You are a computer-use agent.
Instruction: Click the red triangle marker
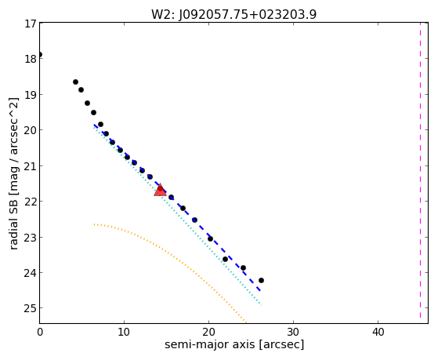(x=160, y=190)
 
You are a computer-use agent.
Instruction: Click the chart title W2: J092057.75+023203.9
(x=233, y=15)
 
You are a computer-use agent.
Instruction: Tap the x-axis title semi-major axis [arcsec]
(x=234, y=344)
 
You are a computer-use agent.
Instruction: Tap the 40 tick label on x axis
(x=378, y=332)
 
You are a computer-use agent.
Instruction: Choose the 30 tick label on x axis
(x=293, y=332)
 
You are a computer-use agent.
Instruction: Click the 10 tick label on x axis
(x=124, y=332)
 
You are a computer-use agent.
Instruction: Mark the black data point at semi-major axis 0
(x=40, y=55)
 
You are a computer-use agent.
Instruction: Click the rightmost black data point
(x=261, y=280)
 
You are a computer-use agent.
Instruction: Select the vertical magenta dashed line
(x=420, y=170)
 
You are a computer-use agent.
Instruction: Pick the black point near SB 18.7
(x=75, y=82)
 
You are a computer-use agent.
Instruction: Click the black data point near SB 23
(x=210, y=239)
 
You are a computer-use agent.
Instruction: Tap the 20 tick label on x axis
(x=208, y=332)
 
